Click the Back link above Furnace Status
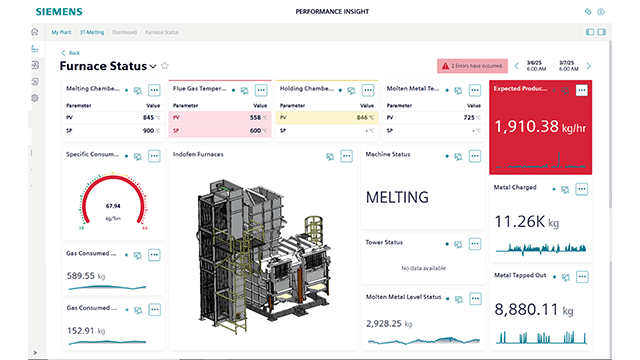click(73, 52)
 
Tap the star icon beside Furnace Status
click(165, 66)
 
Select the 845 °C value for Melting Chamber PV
click(149, 117)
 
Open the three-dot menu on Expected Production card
click(581, 90)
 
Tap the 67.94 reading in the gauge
click(112, 206)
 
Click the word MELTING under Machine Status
click(397, 197)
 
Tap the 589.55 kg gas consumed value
click(87, 275)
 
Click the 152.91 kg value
click(87, 330)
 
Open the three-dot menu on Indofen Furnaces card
click(346, 156)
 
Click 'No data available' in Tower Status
click(421, 267)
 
